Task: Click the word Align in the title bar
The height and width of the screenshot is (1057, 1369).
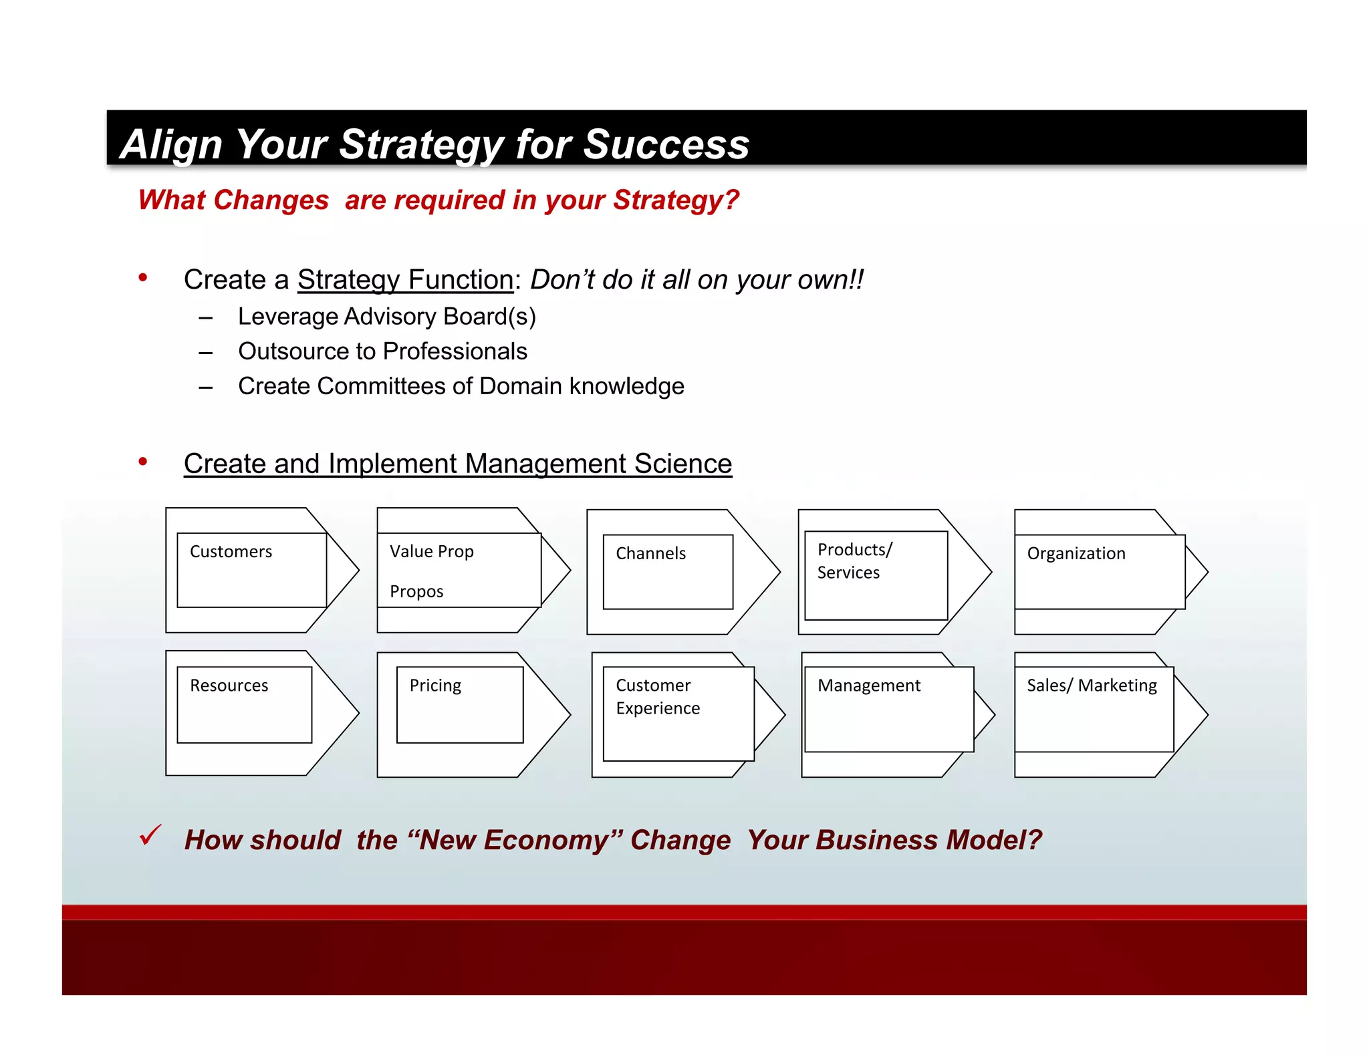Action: coord(172,144)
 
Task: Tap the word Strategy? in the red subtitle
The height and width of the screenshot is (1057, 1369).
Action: coord(676,200)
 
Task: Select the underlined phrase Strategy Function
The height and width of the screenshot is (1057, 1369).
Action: coord(405,279)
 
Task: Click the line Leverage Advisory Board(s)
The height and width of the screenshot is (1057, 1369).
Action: coord(386,317)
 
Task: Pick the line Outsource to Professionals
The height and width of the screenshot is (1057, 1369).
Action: coord(382,351)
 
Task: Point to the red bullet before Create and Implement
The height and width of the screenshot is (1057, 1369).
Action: coord(142,462)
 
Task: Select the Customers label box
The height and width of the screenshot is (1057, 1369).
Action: coord(231,552)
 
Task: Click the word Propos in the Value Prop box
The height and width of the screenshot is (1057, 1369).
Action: coord(416,592)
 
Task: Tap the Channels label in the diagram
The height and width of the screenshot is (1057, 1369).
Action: coord(650,554)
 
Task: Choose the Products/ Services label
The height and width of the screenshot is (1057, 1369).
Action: coord(854,561)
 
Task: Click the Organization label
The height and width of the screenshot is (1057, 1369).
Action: coord(1076,554)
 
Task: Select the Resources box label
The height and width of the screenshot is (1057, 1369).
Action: coord(229,686)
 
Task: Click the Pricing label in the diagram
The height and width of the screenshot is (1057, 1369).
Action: coord(435,686)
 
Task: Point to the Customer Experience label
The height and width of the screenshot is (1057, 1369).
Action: coord(657,697)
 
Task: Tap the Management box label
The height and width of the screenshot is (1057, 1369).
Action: coord(868,686)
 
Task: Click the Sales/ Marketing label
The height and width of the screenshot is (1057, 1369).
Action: coord(1091,686)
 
